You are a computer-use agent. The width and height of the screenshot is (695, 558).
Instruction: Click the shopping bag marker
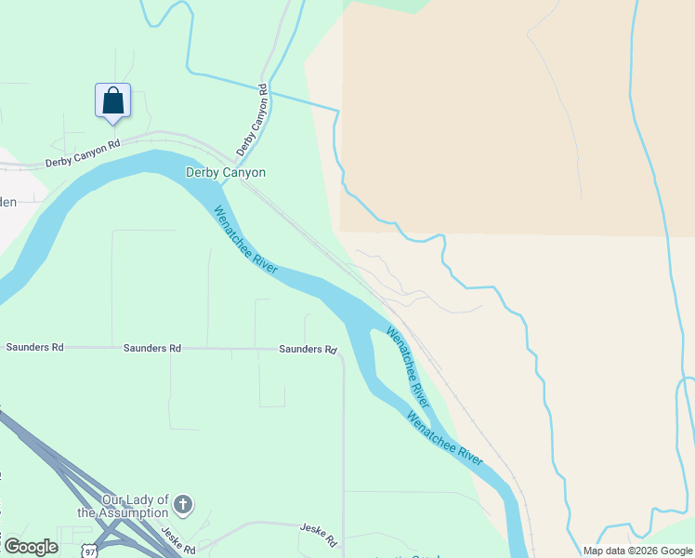(x=112, y=101)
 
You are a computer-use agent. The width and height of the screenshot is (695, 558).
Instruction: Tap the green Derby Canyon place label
(x=226, y=172)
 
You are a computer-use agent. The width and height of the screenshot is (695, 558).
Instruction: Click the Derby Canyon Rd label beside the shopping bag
(x=84, y=154)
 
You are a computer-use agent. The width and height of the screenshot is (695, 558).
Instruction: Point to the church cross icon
(x=184, y=505)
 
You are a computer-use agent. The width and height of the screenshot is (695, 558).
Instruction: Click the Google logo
(x=31, y=547)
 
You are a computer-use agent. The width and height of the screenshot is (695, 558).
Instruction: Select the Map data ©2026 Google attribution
(x=637, y=551)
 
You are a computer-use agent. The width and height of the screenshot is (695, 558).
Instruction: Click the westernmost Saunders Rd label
(x=34, y=347)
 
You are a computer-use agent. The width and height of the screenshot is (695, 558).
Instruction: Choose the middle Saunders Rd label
(x=151, y=348)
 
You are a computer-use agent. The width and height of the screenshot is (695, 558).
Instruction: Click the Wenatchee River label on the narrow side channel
(x=408, y=366)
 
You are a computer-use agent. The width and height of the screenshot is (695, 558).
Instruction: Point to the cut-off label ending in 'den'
(x=8, y=202)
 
